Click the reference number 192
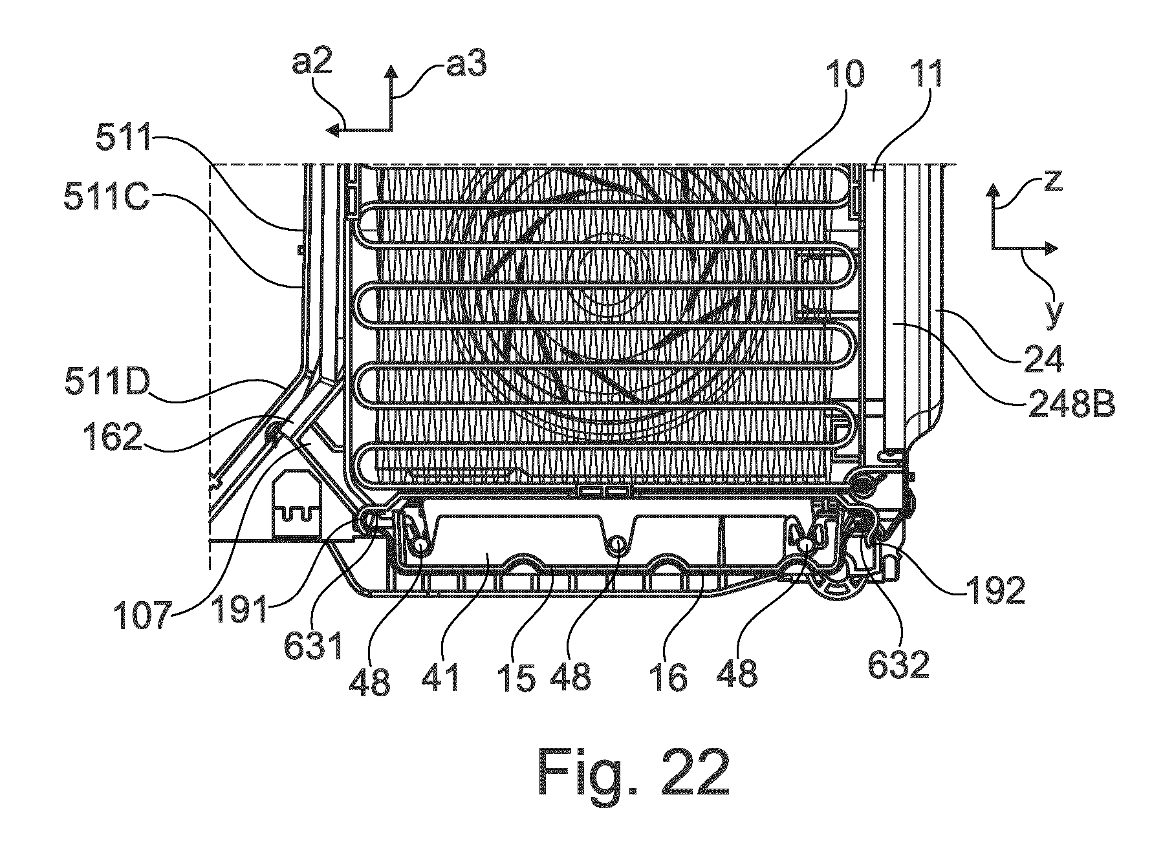994,590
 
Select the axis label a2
312,64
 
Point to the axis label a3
465,64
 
